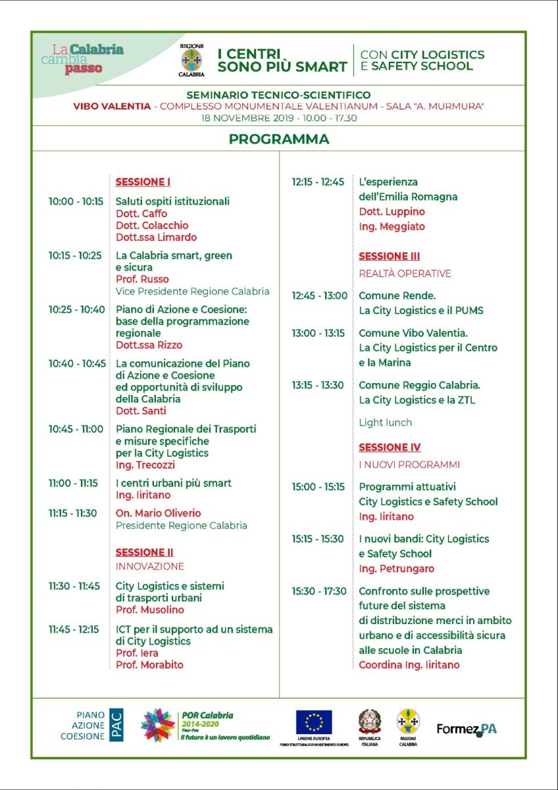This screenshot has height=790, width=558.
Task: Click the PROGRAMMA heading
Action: click(279, 139)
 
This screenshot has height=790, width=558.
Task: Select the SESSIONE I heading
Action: click(143, 182)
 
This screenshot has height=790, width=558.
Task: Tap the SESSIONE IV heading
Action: click(390, 448)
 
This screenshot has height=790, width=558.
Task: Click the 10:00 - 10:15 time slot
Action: click(76, 201)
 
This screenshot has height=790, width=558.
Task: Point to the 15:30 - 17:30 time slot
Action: click(319, 591)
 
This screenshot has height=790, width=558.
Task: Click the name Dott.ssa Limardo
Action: click(156, 237)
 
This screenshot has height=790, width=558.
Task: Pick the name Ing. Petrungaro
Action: click(396, 568)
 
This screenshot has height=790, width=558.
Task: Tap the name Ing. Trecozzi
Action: click(144, 465)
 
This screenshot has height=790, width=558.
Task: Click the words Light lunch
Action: click(385, 423)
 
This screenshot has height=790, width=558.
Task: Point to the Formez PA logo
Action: click(467, 729)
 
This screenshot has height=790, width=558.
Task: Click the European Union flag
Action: click(314, 722)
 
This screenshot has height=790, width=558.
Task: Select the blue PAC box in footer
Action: click(116, 725)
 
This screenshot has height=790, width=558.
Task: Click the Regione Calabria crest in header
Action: click(191, 60)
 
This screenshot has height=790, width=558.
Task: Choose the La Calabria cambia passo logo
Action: click(88, 58)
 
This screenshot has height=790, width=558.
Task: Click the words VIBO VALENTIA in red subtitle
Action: click(112, 106)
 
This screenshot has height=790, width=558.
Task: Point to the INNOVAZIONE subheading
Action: click(149, 566)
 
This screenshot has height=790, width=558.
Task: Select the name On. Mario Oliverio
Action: click(158, 513)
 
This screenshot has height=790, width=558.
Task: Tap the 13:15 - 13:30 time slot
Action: click(318, 385)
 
